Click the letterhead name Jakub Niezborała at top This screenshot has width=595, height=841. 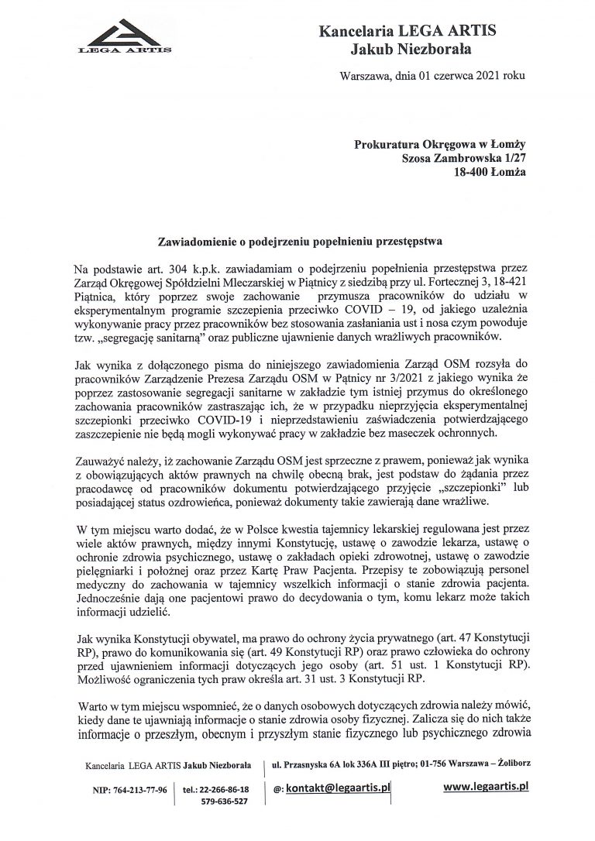click(410, 50)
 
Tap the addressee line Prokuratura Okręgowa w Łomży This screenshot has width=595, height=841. click(439, 143)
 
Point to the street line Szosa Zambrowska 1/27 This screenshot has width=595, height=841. click(463, 158)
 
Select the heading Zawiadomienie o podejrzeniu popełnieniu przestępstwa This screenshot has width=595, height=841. click(297, 241)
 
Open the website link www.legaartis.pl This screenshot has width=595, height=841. click(490, 787)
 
